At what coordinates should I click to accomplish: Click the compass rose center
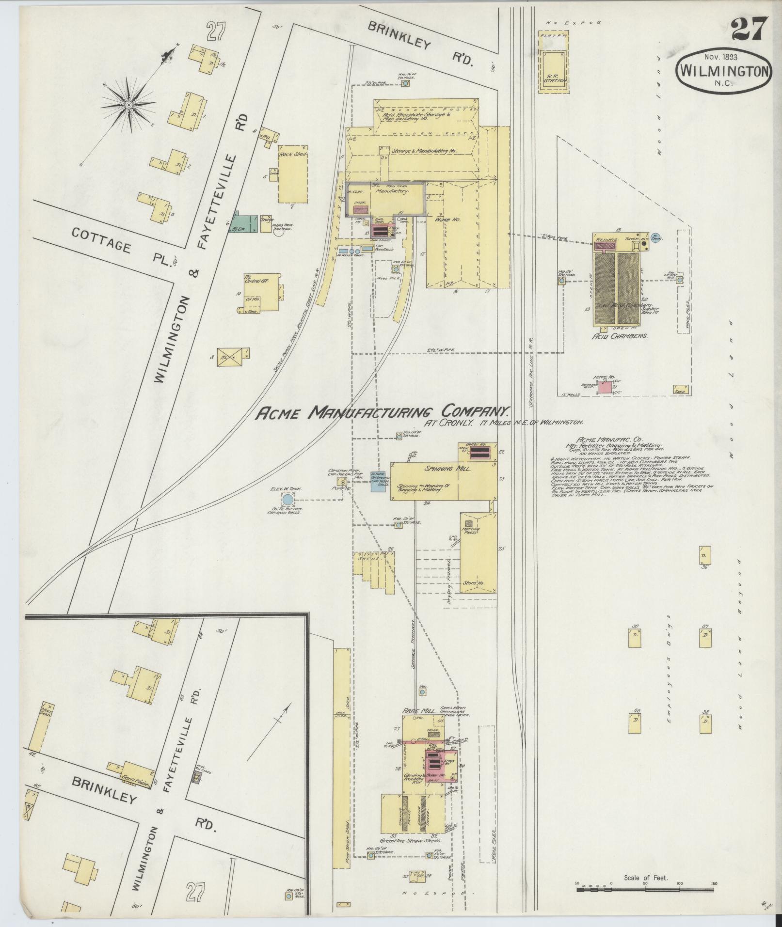[x=128, y=105]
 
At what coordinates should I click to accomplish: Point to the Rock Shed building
[x=293, y=174]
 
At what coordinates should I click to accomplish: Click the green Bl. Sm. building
[x=240, y=221]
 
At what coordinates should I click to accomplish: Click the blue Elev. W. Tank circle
[x=287, y=499]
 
